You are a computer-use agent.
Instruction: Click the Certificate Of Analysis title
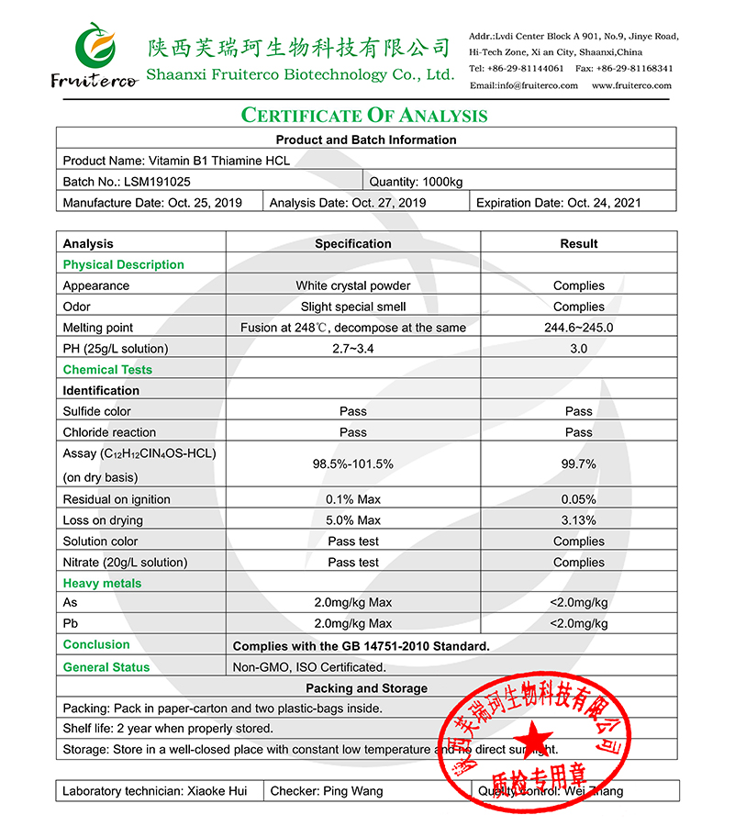point(364,115)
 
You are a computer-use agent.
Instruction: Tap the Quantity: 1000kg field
point(417,182)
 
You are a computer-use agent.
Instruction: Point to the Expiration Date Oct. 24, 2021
point(558,203)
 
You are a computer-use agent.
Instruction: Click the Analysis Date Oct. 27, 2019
point(347,203)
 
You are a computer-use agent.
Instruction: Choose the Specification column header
point(352,244)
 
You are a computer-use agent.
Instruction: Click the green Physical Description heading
point(123,265)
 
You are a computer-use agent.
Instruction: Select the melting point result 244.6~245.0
point(578,328)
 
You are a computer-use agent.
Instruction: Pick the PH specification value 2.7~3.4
point(352,349)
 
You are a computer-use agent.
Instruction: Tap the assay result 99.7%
point(578,464)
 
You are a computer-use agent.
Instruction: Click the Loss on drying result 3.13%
point(578,520)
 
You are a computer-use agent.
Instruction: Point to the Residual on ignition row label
point(117,499)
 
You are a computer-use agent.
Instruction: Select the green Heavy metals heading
point(102,584)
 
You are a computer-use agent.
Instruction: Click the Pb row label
point(71,624)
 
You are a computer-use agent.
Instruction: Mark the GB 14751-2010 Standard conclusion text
point(361,646)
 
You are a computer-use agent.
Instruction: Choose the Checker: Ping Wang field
point(327,791)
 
